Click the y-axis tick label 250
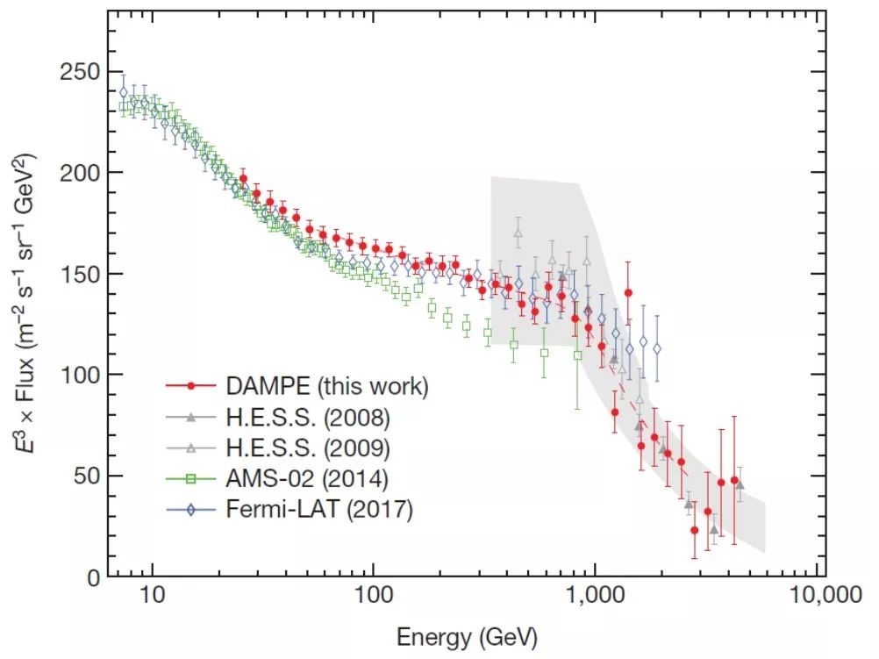(x=80, y=72)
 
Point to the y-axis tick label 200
(x=80, y=172)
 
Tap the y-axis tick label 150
(x=80, y=274)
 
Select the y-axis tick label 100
(x=80, y=375)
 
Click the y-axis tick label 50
(x=87, y=476)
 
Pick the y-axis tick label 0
(x=94, y=577)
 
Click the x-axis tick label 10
(x=153, y=594)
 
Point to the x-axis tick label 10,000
(x=825, y=594)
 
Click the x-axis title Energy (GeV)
(x=467, y=638)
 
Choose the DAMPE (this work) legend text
(x=327, y=386)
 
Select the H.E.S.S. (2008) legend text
(x=308, y=417)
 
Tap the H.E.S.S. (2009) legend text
(x=308, y=448)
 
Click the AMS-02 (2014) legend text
(x=307, y=478)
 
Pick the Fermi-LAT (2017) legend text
(x=319, y=509)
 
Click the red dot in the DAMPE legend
(x=191, y=386)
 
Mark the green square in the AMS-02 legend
(x=191, y=478)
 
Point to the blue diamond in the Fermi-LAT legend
(x=191, y=509)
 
